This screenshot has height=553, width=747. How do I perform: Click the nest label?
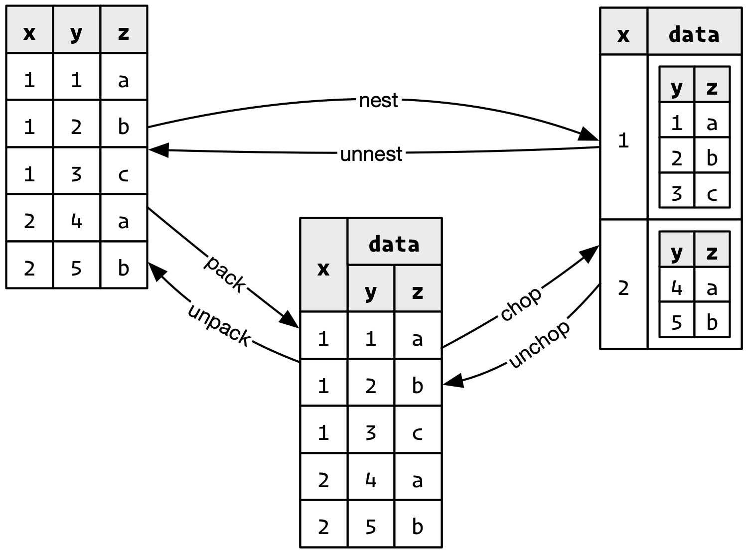pos(378,99)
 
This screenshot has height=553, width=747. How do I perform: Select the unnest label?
pos(371,153)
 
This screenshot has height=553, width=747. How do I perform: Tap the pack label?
pos(227,273)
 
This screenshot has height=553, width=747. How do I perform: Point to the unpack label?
pos(220,323)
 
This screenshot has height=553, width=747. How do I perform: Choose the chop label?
pos(520,302)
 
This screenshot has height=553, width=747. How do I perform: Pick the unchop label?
pos(538,343)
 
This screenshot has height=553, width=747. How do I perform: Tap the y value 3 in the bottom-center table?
pos(370,431)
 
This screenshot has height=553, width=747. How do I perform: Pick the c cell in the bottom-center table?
pos(417,431)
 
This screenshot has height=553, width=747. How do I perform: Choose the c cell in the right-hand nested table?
pos(712,192)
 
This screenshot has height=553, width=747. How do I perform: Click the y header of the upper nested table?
pos(676,87)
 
